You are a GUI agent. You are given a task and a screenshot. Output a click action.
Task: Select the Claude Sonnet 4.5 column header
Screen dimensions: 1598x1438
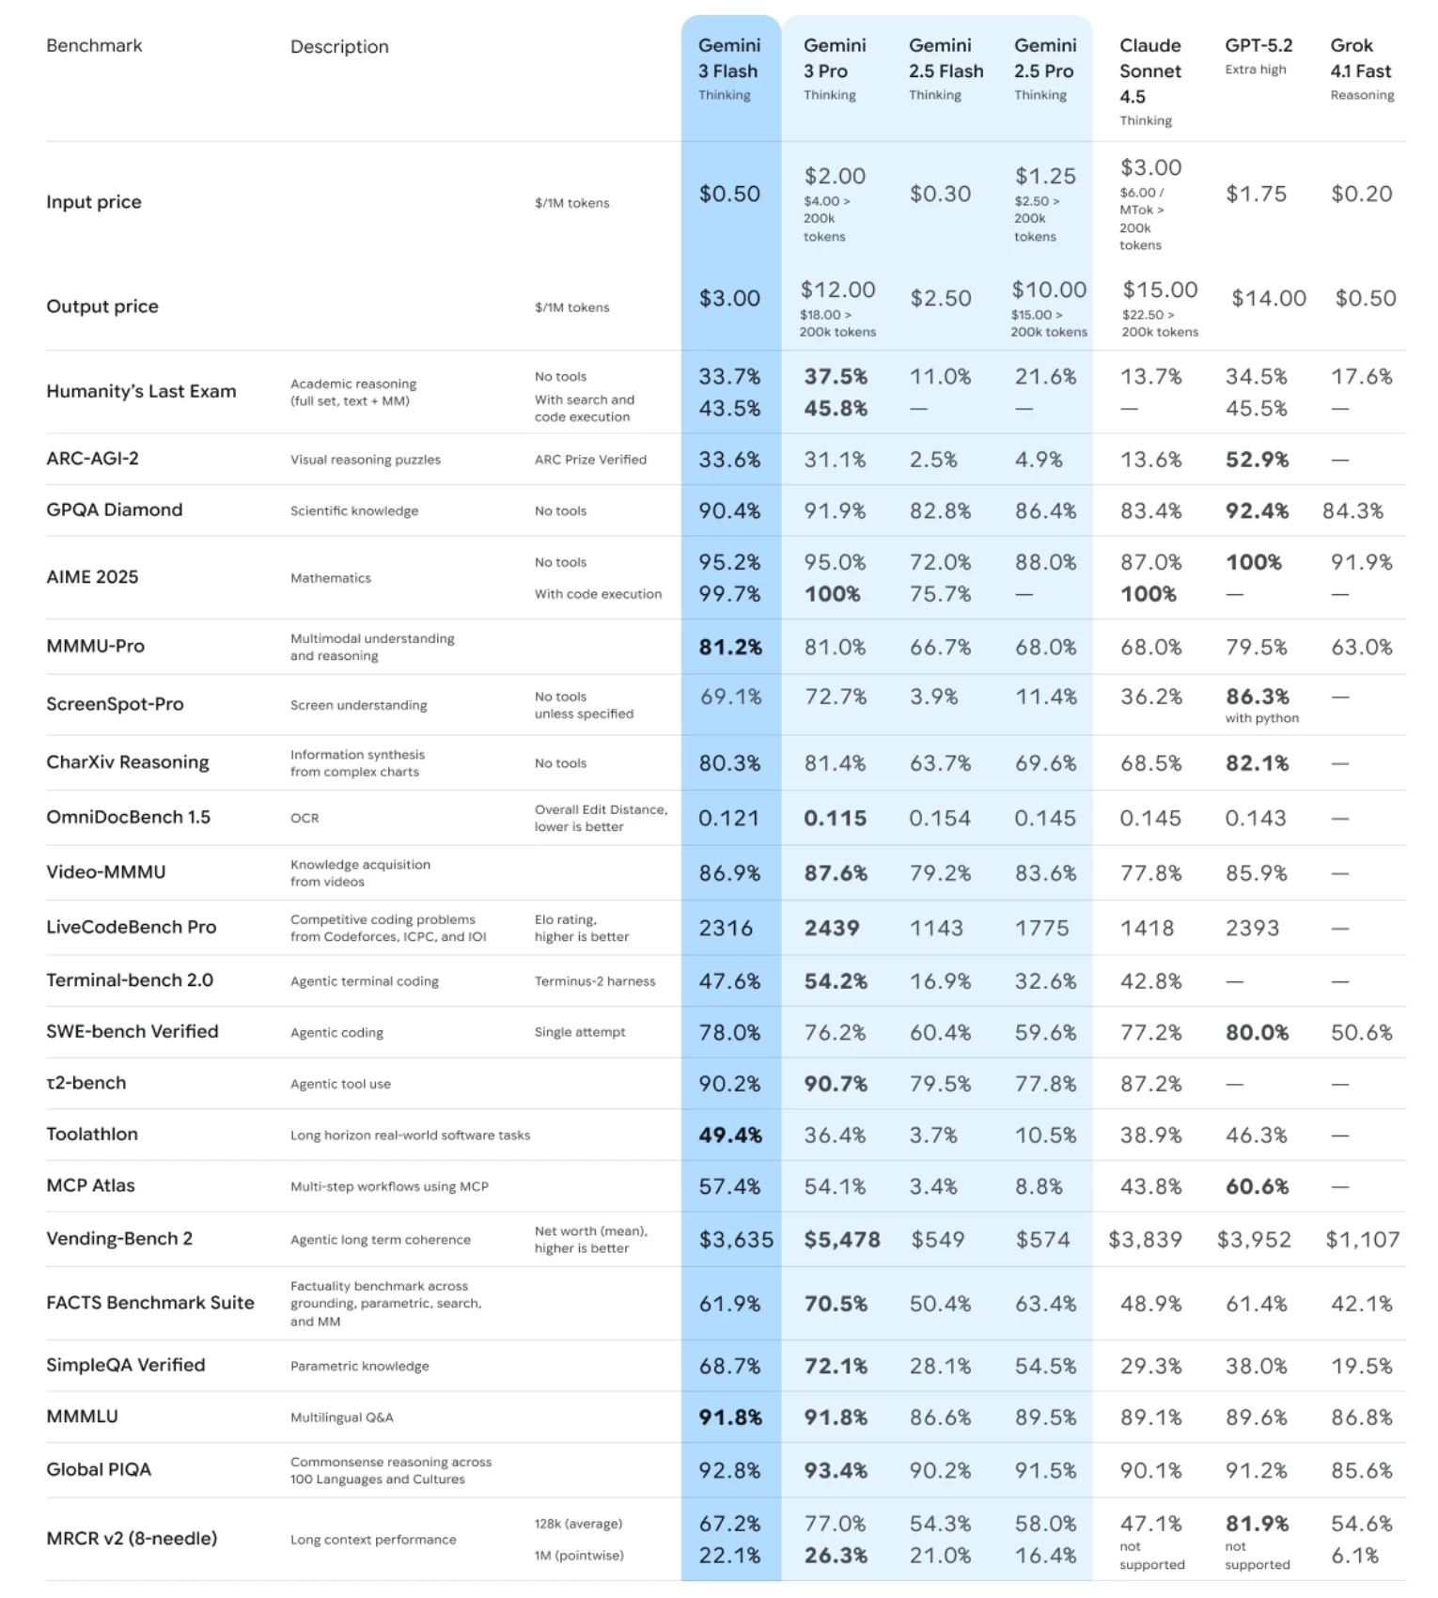pos(1149,71)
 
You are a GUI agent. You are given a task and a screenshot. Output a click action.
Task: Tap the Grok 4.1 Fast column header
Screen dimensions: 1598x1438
pos(1360,58)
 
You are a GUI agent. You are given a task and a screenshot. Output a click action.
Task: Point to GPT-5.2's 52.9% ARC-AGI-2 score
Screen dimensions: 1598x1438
pos(1257,460)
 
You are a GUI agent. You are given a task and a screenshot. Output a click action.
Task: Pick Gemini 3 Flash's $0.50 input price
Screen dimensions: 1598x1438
pos(729,194)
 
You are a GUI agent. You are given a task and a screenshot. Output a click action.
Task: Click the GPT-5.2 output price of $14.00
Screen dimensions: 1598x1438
pos(1268,298)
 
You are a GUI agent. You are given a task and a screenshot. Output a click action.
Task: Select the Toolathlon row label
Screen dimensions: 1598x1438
pos(92,1134)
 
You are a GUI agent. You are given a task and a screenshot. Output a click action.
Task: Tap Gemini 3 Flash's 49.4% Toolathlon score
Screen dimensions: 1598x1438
pos(729,1136)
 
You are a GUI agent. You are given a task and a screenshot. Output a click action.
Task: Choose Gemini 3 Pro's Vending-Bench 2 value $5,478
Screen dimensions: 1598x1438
pos(841,1240)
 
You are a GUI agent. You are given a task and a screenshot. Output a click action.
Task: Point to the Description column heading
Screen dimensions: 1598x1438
pos(339,47)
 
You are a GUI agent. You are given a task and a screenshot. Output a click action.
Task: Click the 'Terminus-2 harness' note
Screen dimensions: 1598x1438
pos(595,981)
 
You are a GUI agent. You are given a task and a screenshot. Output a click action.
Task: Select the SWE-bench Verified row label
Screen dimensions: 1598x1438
pos(132,1031)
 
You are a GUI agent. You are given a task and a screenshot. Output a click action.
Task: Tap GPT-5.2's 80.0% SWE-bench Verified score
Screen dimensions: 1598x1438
pos(1257,1033)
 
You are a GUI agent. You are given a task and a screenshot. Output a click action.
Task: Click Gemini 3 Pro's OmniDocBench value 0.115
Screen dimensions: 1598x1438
pos(835,819)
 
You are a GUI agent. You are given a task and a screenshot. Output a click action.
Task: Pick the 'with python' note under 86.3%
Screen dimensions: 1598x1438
pos(1261,718)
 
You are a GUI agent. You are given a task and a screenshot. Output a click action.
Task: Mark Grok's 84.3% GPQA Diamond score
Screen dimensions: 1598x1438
pos(1352,511)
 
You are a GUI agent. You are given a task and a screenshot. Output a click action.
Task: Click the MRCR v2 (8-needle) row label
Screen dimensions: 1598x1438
pos(132,1539)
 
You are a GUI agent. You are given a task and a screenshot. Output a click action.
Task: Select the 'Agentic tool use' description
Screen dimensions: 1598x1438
pos(340,1084)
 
